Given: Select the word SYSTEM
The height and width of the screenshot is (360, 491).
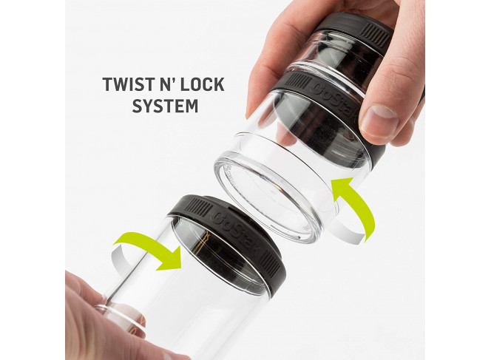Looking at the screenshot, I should (x=165, y=105).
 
